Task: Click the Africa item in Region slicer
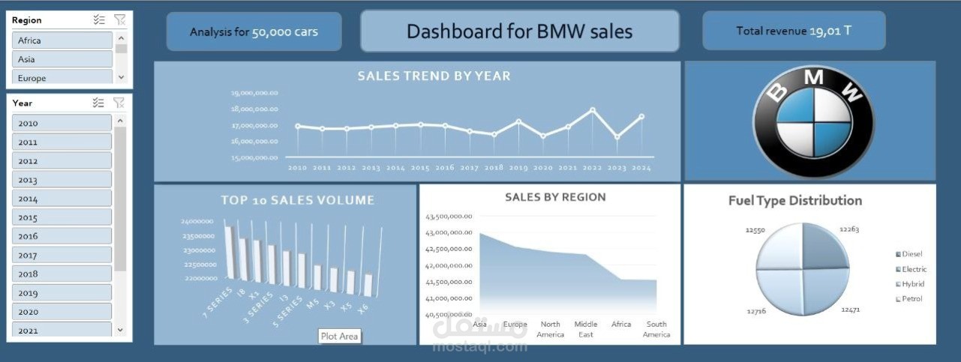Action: tap(62, 40)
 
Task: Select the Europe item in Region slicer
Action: tap(62, 78)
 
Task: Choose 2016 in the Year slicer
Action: tap(62, 236)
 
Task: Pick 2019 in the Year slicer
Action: tap(62, 293)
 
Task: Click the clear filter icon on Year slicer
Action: tap(119, 103)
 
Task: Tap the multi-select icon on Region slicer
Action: tap(99, 20)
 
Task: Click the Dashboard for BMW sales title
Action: tap(519, 31)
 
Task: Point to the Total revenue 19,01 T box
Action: tap(794, 31)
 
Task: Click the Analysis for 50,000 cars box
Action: tap(254, 31)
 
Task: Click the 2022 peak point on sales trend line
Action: tap(593, 110)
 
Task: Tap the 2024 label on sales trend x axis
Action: tap(641, 168)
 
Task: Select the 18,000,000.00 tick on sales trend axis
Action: tap(255, 109)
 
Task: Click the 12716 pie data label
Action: tap(755, 310)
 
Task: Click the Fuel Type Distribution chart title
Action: tap(794, 201)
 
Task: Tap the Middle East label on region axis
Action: tap(586, 329)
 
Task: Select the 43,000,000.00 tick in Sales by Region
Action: tap(449, 232)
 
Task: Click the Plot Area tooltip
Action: tap(339, 337)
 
